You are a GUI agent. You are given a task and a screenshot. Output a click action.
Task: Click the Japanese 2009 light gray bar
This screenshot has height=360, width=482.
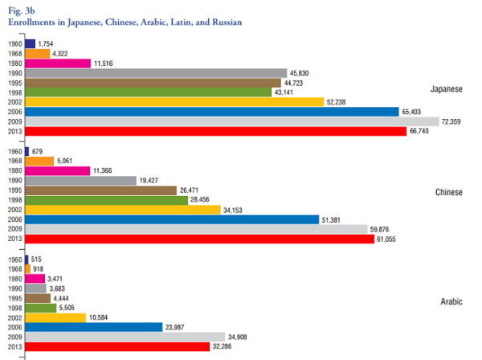tap(232, 121)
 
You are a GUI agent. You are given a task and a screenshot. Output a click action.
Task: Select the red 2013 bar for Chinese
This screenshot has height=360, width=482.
tap(200, 239)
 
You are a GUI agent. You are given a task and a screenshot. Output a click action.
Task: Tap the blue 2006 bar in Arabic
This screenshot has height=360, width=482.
tap(94, 327)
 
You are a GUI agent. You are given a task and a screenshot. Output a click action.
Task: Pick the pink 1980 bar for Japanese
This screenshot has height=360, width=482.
tap(58, 63)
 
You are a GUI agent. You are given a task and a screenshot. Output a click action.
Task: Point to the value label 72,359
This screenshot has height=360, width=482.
tap(451, 122)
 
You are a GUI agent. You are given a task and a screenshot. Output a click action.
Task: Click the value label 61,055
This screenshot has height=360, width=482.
tap(386, 239)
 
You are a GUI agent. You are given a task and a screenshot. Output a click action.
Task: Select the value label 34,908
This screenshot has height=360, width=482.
tap(237, 337)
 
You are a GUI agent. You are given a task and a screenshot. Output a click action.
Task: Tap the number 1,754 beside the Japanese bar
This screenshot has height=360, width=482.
tap(46, 44)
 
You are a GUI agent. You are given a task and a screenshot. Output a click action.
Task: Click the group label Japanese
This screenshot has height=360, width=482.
tap(447, 89)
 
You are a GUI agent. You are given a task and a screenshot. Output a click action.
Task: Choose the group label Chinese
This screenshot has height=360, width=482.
tap(449, 192)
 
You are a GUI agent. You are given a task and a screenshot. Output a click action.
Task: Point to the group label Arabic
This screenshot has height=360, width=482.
tap(451, 301)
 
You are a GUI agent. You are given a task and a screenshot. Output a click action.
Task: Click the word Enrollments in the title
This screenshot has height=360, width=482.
tap(31, 22)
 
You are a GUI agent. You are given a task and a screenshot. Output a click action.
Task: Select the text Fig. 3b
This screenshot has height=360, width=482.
tap(22, 10)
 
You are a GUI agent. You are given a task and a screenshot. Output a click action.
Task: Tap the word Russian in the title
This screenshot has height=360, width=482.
tap(227, 22)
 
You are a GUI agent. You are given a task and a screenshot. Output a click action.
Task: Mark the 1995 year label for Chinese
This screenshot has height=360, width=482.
tap(15, 190)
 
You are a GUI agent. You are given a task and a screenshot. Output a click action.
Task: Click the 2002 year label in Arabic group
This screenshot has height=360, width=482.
tap(15, 318)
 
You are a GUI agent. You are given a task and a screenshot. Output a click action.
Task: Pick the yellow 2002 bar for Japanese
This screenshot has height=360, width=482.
tap(174, 102)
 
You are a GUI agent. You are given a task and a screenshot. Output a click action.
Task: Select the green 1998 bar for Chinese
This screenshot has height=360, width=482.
tap(107, 200)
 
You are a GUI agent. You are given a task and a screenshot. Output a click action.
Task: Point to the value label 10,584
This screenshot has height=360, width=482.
tap(98, 317)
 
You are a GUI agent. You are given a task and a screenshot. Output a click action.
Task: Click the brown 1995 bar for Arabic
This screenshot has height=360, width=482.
tap(38, 298)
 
